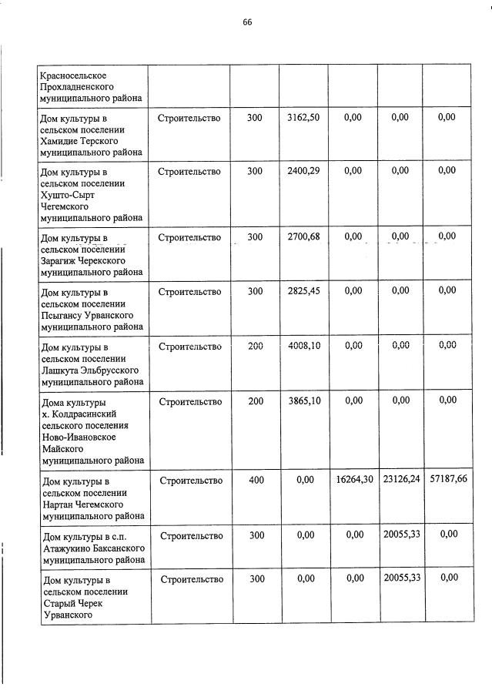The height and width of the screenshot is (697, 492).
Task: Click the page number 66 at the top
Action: (x=247, y=22)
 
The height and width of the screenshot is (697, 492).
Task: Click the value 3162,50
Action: (x=303, y=117)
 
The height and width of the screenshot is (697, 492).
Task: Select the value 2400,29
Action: (x=303, y=171)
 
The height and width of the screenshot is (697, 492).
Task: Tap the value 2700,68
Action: (x=303, y=236)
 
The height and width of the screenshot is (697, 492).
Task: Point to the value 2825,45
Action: (x=303, y=291)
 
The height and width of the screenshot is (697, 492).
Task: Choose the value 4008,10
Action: (x=303, y=346)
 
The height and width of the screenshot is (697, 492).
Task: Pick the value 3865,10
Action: (x=303, y=400)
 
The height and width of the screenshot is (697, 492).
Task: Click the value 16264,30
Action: (x=354, y=480)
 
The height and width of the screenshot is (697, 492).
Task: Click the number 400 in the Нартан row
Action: (x=255, y=480)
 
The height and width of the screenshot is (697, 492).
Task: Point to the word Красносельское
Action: (x=74, y=75)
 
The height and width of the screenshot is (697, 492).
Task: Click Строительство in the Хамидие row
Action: (x=189, y=118)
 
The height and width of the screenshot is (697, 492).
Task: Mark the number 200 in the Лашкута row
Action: (x=255, y=346)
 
